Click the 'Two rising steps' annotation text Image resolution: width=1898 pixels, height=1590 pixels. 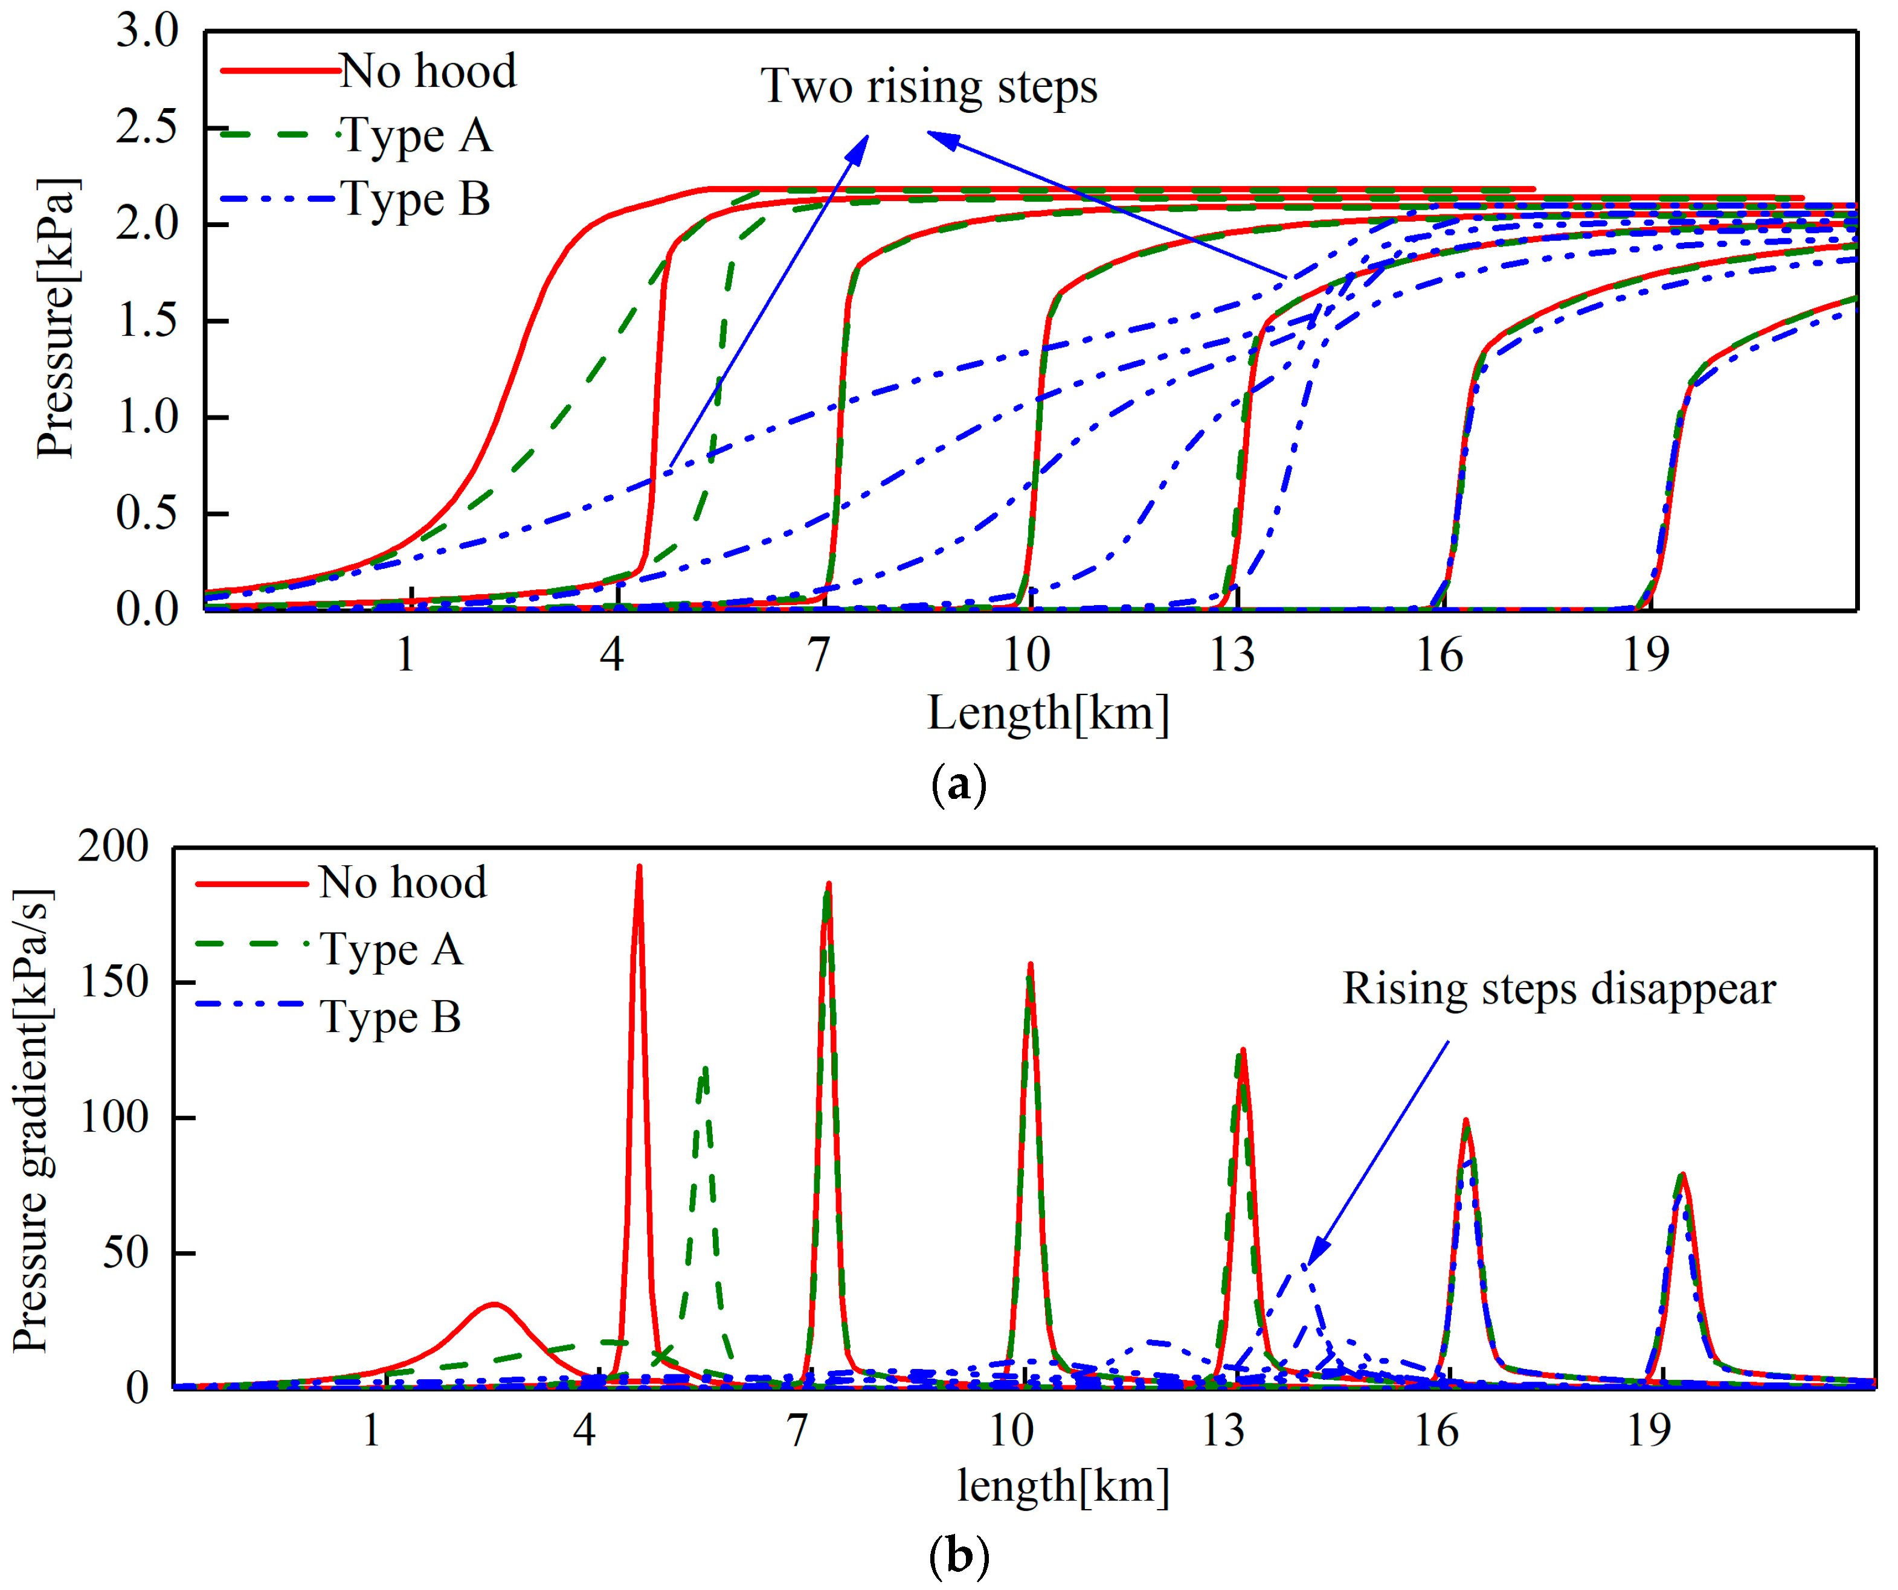click(x=928, y=87)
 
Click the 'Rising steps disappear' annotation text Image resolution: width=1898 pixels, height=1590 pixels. click(x=1558, y=989)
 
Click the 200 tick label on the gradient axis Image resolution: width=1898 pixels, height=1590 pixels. click(x=113, y=847)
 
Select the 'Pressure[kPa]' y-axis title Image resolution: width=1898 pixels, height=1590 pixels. click(x=56, y=318)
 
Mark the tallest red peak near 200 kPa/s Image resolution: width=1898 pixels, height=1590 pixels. click(x=639, y=869)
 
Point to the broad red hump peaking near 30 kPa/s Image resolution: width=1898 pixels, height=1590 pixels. click(x=492, y=1306)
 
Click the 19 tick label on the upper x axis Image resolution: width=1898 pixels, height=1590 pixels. click(x=1645, y=654)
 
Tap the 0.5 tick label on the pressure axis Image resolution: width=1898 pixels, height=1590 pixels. click(x=147, y=513)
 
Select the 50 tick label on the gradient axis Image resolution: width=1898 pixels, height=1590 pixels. click(x=124, y=1253)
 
